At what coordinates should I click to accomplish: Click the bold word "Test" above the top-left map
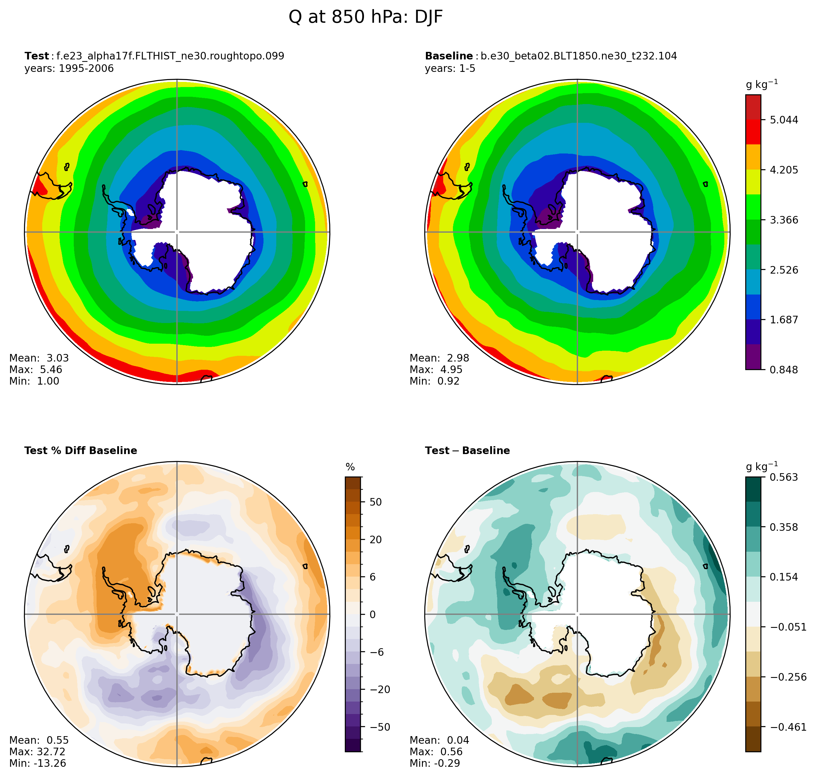[x=36, y=56]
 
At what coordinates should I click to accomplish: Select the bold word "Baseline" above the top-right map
[x=449, y=56]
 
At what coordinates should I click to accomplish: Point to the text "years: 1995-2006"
[x=69, y=69]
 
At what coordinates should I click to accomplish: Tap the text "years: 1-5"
[x=450, y=69]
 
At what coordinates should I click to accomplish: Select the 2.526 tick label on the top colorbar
[x=784, y=270]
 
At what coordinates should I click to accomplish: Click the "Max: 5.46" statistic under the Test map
[x=36, y=369]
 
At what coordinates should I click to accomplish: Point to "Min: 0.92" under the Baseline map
[x=435, y=381]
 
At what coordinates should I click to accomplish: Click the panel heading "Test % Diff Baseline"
[x=80, y=451]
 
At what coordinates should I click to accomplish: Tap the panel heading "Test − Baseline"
[x=467, y=451]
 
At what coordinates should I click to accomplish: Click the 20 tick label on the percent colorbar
[x=376, y=540]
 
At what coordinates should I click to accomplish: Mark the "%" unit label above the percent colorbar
[x=350, y=467]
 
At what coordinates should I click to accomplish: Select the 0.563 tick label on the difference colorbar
[x=784, y=477]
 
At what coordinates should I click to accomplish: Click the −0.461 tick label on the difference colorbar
[x=788, y=727]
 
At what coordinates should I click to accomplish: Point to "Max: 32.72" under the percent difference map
[x=37, y=751]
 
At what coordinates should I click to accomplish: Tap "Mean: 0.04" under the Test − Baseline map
[x=439, y=740]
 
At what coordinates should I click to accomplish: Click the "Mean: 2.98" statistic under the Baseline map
[x=439, y=358]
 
